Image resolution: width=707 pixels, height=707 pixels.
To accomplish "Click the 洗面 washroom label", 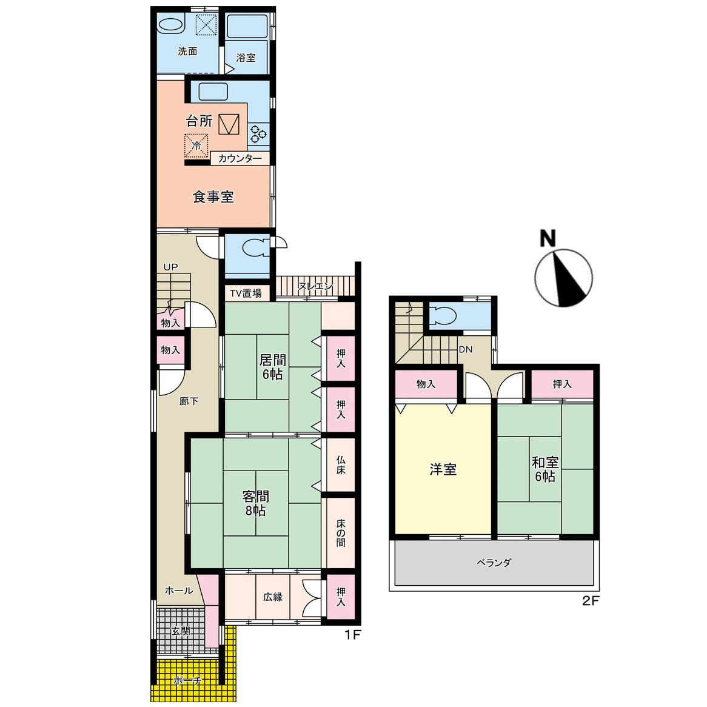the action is (x=187, y=52).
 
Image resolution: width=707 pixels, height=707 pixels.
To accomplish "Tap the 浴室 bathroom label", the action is (x=246, y=58).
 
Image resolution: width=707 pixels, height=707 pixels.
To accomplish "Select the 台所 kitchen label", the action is (x=199, y=121).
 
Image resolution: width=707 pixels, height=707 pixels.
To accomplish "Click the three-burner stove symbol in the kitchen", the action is (x=258, y=133).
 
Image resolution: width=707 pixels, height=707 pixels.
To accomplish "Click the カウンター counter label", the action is (x=240, y=158).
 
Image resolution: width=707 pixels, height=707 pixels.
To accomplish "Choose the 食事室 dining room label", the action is (x=213, y=197).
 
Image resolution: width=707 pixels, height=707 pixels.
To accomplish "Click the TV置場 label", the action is (x=246, y=293).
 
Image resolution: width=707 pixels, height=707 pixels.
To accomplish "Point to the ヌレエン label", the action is (x=315, y=286).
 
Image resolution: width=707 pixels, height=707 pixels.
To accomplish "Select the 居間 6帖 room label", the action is (x=272, y=367).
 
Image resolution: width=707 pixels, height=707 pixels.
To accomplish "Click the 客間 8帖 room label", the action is (x=256, y=503).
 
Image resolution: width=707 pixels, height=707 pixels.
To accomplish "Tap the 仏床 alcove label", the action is (x=341, y=465).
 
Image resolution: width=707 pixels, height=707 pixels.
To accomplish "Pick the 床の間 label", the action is (x=341, y=533).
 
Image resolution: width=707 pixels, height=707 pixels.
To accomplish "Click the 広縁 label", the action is (x=273, y=597).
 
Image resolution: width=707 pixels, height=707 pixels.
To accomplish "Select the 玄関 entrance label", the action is (x=181, y=631).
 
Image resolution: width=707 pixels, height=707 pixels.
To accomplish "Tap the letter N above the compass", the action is (x=548, y=238).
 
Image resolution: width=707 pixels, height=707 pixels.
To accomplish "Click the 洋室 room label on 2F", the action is (x=443, y=469).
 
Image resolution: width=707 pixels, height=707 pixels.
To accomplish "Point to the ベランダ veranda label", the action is (x=494, y=563).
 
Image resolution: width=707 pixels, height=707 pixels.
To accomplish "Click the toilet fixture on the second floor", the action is (x=442, y=316).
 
